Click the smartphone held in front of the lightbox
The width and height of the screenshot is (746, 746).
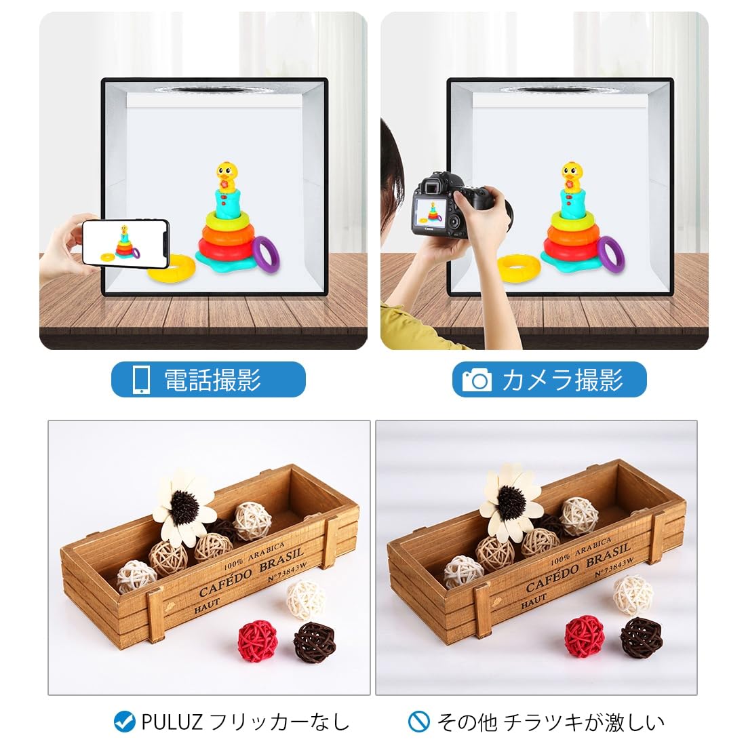coord(125,243)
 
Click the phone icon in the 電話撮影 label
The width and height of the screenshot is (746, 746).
coord(141,380)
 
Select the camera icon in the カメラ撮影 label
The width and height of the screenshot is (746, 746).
coord(477,380)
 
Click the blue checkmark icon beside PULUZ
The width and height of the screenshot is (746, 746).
coord(124,722)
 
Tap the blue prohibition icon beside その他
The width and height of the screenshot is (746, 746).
coord(419,722)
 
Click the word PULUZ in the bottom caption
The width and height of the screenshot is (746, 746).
coord(172,722)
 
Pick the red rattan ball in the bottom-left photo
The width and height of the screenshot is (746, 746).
coord(258,640)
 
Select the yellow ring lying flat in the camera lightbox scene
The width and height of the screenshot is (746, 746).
coord(518,268)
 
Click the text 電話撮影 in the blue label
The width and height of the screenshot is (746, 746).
coord(213,380)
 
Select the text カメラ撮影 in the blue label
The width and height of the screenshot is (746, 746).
coord(562,380)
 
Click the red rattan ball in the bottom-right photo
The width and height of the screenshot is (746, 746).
coord(585,636)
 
